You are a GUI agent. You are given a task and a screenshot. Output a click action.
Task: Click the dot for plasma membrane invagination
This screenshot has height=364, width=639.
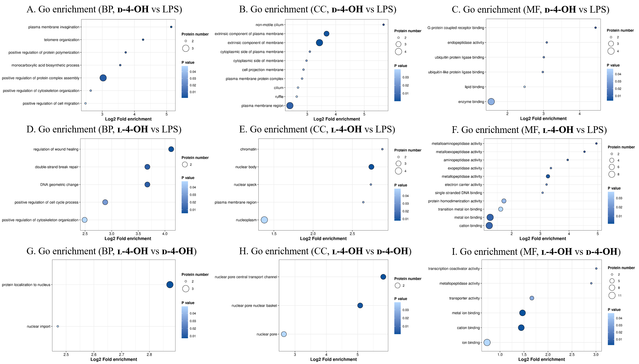coord(171,27)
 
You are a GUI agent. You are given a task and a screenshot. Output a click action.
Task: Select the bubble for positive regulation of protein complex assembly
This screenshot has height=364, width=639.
coord(103,78)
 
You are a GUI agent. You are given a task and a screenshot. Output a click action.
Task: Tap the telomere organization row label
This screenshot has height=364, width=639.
coord(62,40)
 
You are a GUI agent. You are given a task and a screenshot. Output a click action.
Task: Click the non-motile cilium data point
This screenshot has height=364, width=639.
coord(383,25)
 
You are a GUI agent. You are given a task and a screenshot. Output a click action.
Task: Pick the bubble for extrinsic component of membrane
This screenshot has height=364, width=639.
coord(319,43)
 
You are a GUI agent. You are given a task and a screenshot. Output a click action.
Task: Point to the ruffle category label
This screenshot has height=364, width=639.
coord(279,97)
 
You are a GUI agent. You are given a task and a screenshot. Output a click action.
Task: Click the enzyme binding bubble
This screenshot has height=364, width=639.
coord(491,102)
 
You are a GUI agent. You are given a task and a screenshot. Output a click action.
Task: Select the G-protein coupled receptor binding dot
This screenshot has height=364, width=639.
coord(596,28)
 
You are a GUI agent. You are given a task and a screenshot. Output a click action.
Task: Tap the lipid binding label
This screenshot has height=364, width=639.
coord(474,87)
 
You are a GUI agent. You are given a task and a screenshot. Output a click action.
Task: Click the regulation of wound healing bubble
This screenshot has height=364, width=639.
coord(171,149)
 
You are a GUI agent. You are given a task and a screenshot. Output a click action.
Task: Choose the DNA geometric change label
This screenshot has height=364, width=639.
coord(59,185)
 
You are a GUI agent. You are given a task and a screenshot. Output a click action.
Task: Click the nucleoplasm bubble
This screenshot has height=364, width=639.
coord(264,220)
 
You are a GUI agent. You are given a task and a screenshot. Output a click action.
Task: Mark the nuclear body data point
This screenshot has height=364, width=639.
coord(371,167)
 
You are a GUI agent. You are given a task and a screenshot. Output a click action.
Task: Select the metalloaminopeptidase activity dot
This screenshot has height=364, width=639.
coord(596,143)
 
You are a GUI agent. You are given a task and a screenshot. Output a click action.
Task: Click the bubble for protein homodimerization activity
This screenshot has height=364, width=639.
coord(504,201)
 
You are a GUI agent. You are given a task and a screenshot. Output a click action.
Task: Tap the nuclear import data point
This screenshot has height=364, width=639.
coord(58,326)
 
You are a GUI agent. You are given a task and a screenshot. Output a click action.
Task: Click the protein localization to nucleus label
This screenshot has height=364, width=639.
coord(26,285)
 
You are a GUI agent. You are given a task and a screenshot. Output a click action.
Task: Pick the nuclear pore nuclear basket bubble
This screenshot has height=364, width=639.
coord(360,306)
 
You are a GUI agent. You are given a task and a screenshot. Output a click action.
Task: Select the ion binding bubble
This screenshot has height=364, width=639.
coord(487,342)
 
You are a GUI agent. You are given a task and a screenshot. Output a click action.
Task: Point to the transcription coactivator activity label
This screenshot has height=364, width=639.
coord(454,269)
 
